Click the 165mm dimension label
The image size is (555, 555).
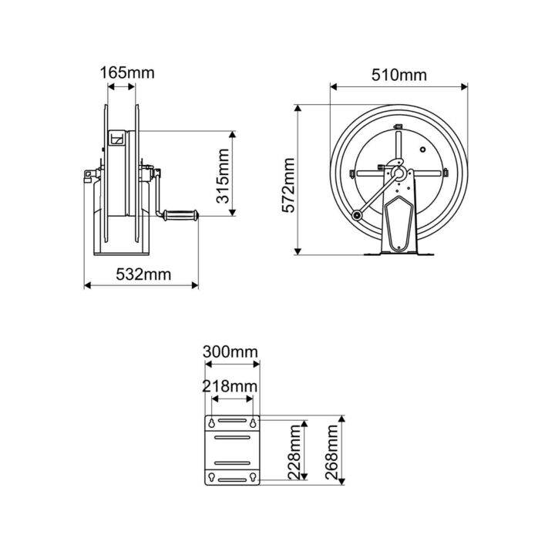click(x=127, y=73)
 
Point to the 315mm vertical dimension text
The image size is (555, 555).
click(x=222, y=175)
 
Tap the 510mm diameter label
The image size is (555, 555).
click(x=399, y=75)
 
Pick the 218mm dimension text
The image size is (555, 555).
click(x=230, y=385)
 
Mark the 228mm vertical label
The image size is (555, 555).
click(x=294, y=455)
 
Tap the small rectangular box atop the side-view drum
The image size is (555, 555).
click(x=117, y=140)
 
